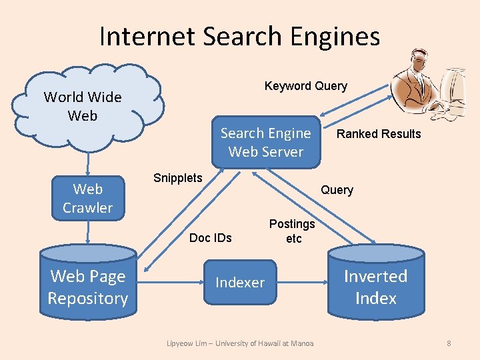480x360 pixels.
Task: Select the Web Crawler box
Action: [x=87, y=198]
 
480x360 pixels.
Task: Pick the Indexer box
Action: [x=240, y=283]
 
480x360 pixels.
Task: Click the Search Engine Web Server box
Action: [x=265, y=142]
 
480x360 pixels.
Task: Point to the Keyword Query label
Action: [x=305, y=86]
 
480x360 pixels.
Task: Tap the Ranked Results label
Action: [x=378, y=134]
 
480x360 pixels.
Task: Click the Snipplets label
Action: [x=177, y=178]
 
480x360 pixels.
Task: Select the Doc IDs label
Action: [x=210, y=238]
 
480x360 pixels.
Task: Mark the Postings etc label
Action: [x=292, y=231]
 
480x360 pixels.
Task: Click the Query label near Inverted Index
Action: [x=337, y=190]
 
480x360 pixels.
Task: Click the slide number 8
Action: [x=449, y=343]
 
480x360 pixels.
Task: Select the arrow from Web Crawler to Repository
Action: [x=87, y=231]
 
